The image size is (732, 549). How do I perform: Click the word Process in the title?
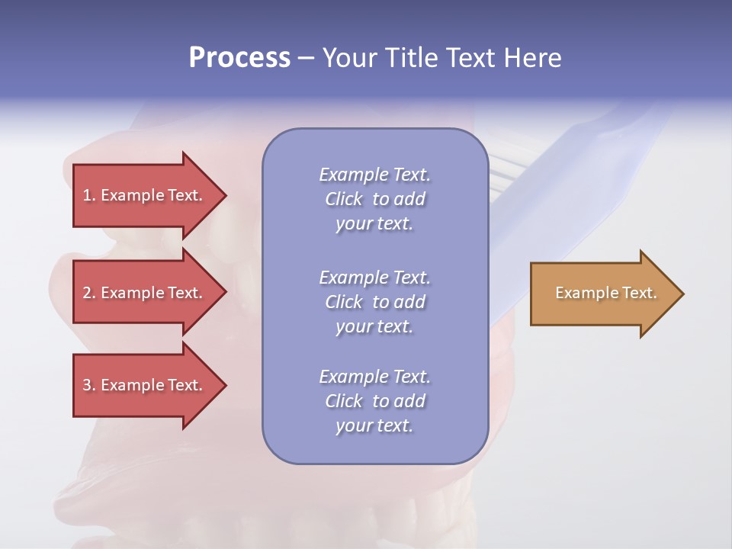239,58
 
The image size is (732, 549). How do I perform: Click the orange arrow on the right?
602,294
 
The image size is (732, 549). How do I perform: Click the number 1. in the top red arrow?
88,195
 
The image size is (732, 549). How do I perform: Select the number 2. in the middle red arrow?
88,293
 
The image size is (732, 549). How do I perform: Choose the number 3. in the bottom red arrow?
88,385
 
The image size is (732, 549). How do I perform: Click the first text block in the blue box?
374,199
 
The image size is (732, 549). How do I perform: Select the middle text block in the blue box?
374,302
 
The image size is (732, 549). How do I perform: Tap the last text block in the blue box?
374,401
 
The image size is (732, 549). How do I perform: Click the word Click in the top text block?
344,199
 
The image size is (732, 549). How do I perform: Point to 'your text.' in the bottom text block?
374,425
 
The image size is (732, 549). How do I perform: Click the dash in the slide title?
306,58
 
